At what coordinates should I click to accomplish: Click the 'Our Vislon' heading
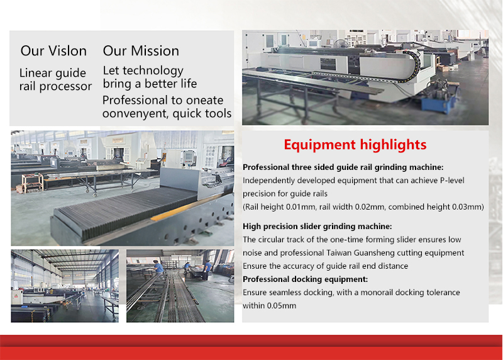point(53,51)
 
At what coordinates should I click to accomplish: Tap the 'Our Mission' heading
point(141,51)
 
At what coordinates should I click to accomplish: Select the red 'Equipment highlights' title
point(355,145)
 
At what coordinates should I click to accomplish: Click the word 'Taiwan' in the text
point(338,253)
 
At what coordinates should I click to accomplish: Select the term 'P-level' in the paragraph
point(452,181)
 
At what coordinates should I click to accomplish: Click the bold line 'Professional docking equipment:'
point(305,279)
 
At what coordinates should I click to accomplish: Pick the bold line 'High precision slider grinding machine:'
point(318,227)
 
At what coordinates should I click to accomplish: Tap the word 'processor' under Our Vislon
point(65,87)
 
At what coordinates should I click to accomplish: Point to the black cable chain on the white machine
point(411,66)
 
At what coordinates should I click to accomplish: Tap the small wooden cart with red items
point(32,183)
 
